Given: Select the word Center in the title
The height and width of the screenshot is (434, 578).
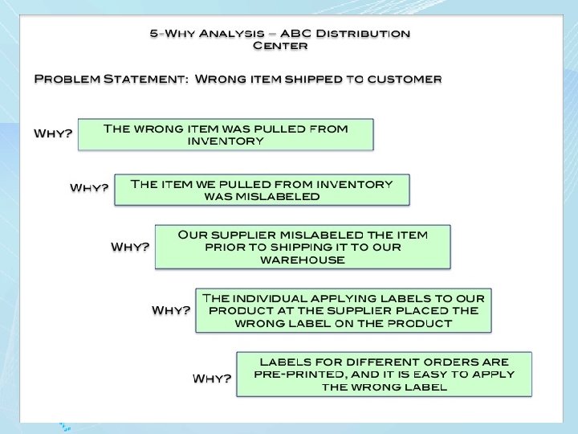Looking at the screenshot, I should pyautogui.click(x=279, y=46).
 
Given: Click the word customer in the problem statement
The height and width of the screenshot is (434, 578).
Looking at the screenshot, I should pyautogui.click(x=403, y=80).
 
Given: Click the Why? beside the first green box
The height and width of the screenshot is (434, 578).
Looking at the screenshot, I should pyautogui.click(x=52, y=133).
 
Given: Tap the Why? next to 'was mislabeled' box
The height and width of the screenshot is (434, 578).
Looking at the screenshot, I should pyautogui.click(x=89, y=188).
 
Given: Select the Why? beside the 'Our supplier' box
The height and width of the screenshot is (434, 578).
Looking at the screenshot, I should pyautogui.click(x=129, y=246).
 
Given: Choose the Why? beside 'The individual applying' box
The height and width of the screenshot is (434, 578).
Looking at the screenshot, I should pyautogui.click(x=171, y=309).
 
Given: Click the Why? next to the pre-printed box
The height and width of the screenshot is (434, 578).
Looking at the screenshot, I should pyautogui.click(x=212, y=378).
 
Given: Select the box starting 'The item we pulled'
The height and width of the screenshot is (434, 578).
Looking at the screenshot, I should pyautogui.click(x=262, y=190).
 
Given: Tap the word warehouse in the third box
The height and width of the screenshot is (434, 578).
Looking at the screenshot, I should pyautogui.click(x=302, y=260).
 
